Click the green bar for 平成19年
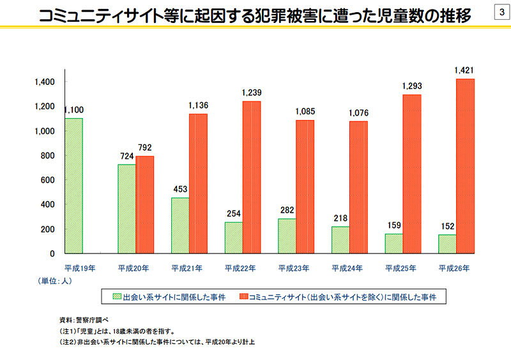(74, 186)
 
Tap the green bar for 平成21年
(180, 225)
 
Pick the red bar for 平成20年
(145, 204)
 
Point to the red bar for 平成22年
(252, 177)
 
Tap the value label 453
(180, 189)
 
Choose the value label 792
(145, 147)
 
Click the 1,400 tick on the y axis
(47, 82)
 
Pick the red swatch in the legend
(243, 297)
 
